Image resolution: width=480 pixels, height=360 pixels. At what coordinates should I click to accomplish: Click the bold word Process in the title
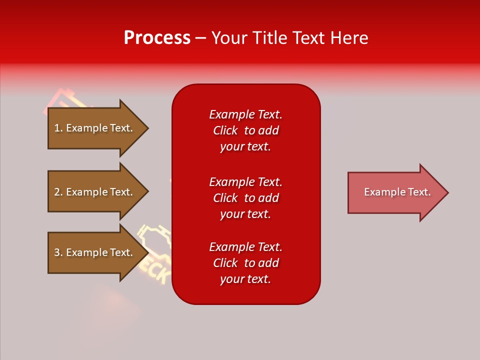click(157, 38)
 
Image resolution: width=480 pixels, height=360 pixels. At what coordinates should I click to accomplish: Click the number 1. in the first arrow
click(58, 128)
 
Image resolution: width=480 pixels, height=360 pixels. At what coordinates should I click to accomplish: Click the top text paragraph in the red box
click(245, 130)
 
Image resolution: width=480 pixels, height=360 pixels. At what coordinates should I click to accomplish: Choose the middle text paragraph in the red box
click(245, 198)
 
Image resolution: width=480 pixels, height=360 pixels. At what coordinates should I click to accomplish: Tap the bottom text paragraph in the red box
click(245, 263)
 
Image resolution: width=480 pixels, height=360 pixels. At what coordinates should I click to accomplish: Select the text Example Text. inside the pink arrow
click(397, 192)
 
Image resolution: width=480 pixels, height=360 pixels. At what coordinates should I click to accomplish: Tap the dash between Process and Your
click(200, 38)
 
